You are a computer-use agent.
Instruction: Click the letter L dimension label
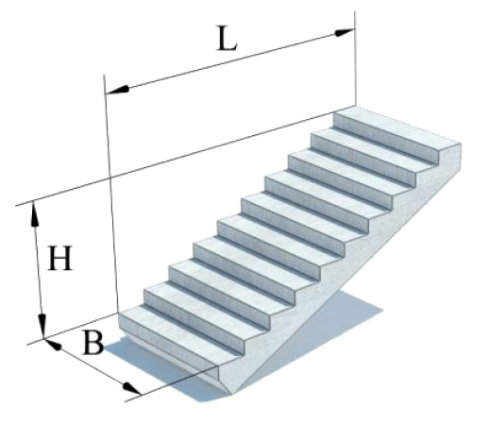pyautogui.click(x=227, y=39)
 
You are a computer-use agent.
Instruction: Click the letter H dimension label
pyautogui.click(x=59, y=259)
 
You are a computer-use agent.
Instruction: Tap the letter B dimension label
pyautogui.click(x=92, y=343)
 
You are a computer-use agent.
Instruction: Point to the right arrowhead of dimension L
pyautogui.click(x=344, y=32)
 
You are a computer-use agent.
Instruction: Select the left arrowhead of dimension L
pyautogui.click(x=117, y=90)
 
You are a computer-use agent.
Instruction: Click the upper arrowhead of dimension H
pyautogui.click(x=34, y=214)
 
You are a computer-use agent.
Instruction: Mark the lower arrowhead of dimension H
pyautogui.click(x=42, y=326)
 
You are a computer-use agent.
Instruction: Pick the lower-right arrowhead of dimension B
pyautogui.click(x=131, y=388)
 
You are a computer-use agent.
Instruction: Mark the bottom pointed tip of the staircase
pyautogui.click(x=232, y=394)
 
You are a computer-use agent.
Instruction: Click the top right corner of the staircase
pyautogui.click(x=462, y=144)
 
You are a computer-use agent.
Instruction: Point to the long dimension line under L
pyautogui.click(x=230, y=61)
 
